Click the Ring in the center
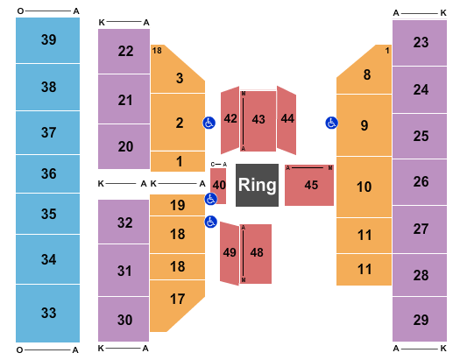[x=258, y=185]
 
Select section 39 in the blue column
[x=48, y=39]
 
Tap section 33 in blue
[x=48, y=313]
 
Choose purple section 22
[x=125, y=51]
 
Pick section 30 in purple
[x=125, y=320]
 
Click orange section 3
[x=179, y=78]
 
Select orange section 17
[x=178, y=299]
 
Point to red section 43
[x=258, y=119]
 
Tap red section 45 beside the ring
[x=310, y=185]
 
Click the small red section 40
[x=218, y=185]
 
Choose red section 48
[x=257, y=252]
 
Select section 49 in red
[x=230, y=252]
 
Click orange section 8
[x=367, y=75]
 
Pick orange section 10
[x=364, y=187]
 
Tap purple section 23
[x=421, y=42]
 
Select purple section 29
[x=421, y=320]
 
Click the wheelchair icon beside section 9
[x=331, y=123]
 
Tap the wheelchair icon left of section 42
[x=209, y=123]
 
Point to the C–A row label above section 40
[x=218, y=164]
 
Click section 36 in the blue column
[x=48, y=173]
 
